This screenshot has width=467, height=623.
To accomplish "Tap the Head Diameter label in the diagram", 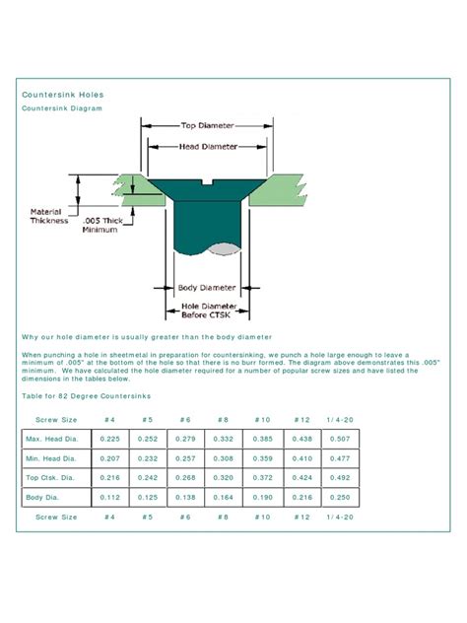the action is pyautogui.click(x=207, y=147).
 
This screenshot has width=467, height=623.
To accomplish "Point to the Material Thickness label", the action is pyautogui.click(x=48, y=216).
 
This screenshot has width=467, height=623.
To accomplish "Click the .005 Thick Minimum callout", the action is pyautogui.click(x=101, y=224).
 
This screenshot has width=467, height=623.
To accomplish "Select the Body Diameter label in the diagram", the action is pyautogui.click(x=207, y=288).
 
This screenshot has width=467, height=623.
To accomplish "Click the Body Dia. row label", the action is pyautogui.click(x=49, y=498).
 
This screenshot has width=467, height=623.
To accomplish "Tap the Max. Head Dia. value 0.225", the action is pyautogui.click(x=110, y=438).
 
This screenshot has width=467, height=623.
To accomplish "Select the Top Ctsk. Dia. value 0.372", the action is pyautogui.click(x=261, y=478).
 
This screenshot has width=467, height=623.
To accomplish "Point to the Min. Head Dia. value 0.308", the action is pyautogui.click(x=223, y=459).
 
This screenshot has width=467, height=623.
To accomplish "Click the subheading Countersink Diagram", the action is pyautogui.click(x=62, y=108).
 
